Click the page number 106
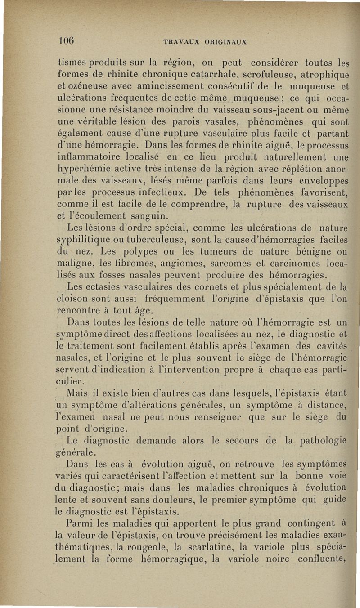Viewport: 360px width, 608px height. tap(67, 39)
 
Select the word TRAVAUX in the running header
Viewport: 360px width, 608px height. tap(180, 42)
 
